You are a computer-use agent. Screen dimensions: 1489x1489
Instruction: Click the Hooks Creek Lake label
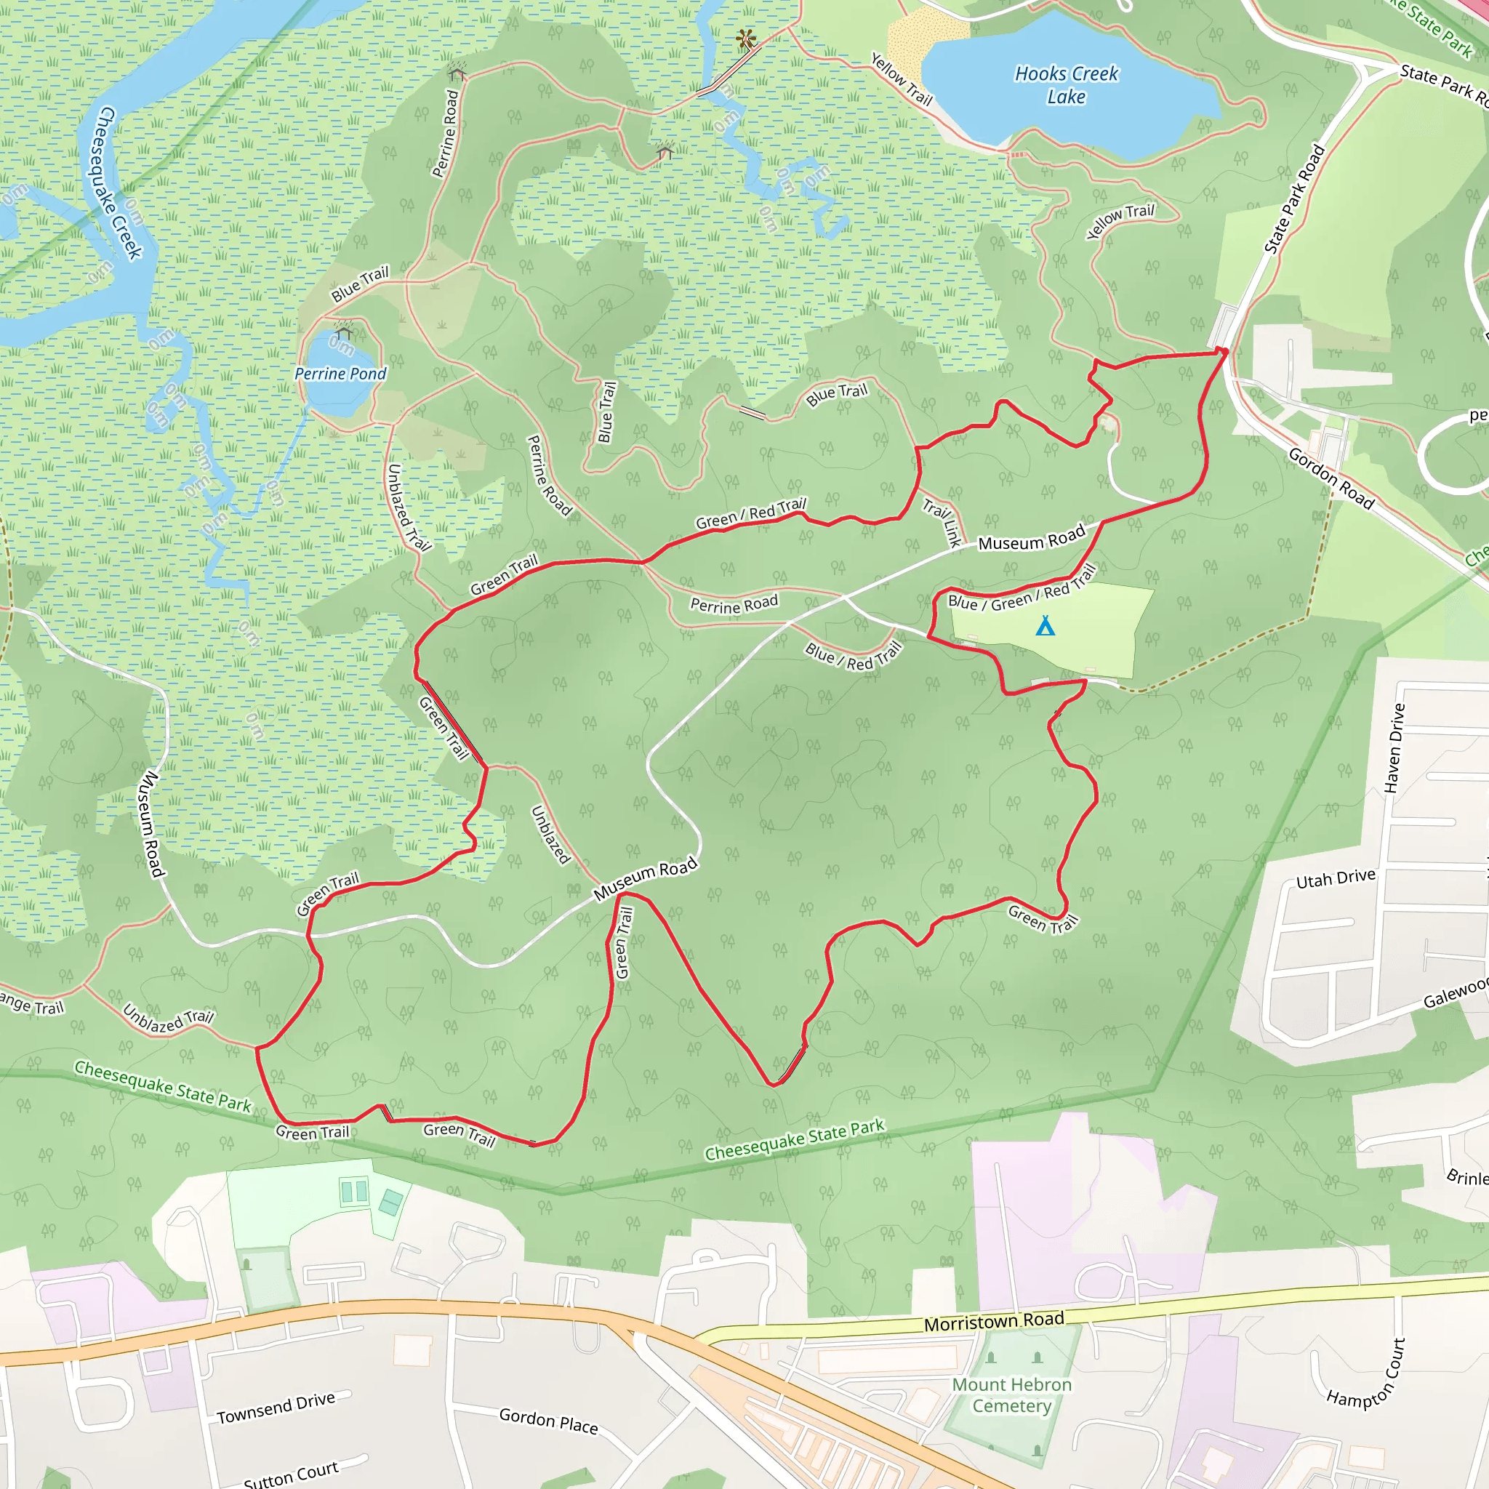click(1066, 85)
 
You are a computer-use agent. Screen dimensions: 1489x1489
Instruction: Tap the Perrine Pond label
click(341, 374)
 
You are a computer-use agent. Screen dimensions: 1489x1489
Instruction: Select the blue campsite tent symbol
click(1045, 625)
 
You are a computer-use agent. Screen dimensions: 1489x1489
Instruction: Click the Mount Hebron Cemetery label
click(1012, 1395)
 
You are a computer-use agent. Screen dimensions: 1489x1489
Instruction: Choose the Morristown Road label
click(994, 1322)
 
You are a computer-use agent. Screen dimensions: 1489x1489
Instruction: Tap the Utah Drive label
click(1336, 878)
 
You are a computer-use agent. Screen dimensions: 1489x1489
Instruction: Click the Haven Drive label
click(1394, 747)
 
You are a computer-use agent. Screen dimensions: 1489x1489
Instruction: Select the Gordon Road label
click(1331, 478)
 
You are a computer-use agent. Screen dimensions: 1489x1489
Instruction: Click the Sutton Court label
click(291, 1474)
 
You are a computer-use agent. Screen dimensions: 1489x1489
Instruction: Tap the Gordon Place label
click(548, 1421)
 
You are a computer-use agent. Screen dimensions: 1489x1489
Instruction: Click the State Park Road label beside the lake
click(1295, 198)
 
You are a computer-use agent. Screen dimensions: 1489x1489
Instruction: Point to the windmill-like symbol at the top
click(744, 38)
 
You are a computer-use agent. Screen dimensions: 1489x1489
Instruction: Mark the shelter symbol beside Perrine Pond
click(344, 332)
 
